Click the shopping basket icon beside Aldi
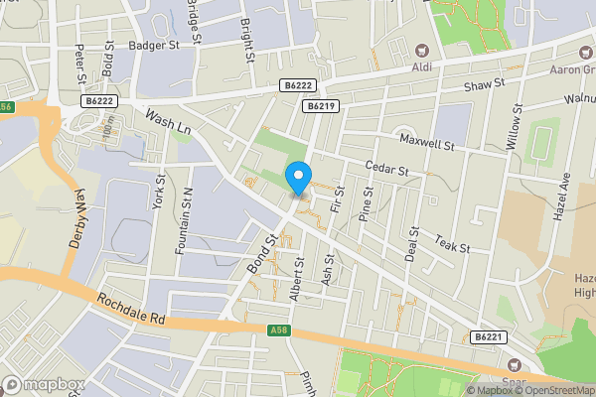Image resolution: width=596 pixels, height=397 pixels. [x=421, y=52]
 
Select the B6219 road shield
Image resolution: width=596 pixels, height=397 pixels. [x=318, y=105]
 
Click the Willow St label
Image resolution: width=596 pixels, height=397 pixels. [x=515, y=126]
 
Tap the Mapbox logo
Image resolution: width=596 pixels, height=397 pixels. [x=43, y=384]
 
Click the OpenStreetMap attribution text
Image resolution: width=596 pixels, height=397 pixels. [x=555, y=390]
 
